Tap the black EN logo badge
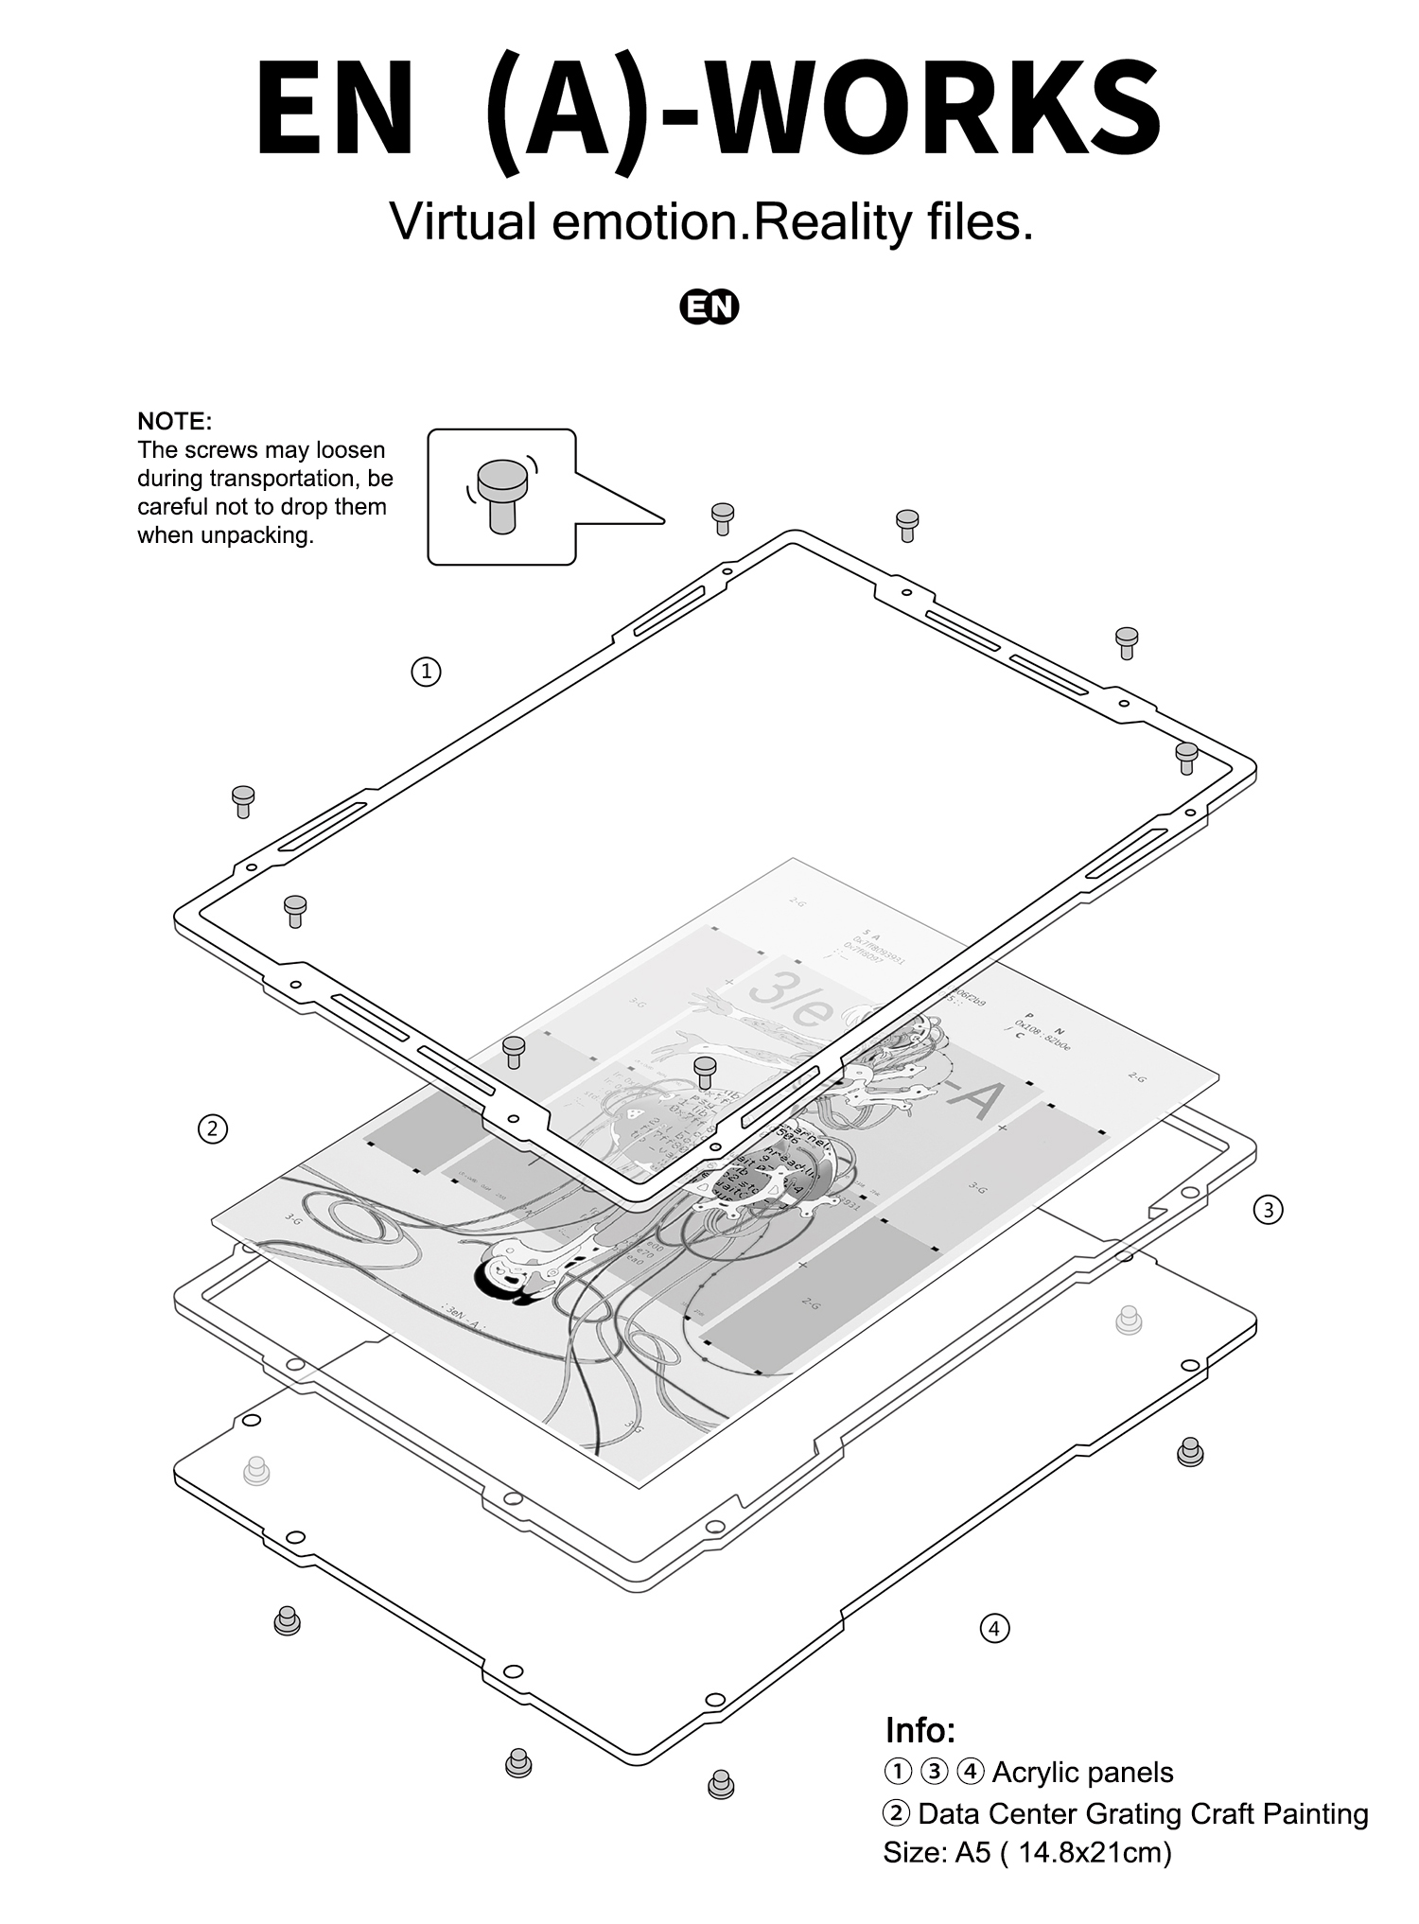pos(709,307)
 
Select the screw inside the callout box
pos(501,495)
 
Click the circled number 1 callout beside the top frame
pos(426,672)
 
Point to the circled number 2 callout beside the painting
pos(212,1128)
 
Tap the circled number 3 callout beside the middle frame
pos(1268,1209)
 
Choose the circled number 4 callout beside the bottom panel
pos(993,1629)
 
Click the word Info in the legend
pos(920,1730)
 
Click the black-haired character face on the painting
pos(501,1274)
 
